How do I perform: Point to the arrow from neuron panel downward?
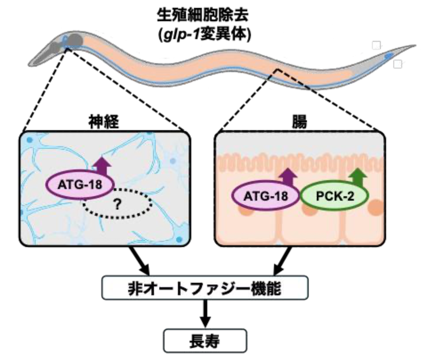pyautogui.click(x=140, y=261)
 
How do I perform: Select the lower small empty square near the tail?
pyautogui.click(x=398, y=64)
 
